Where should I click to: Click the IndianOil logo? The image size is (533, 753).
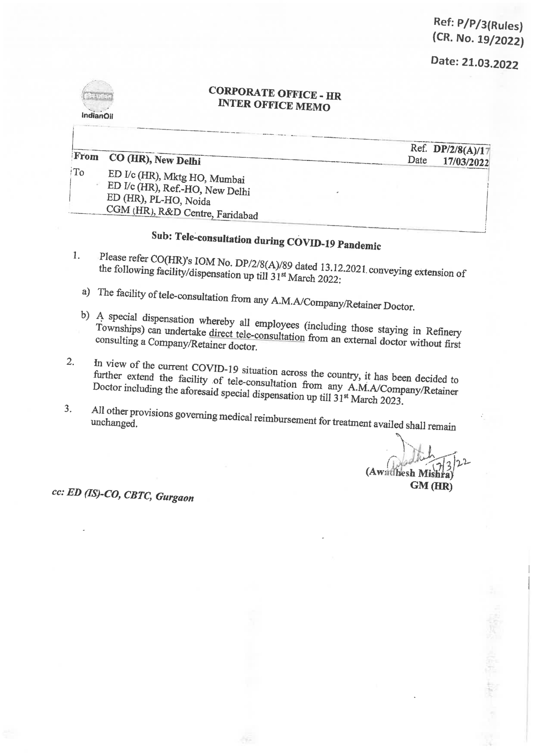point(97,100)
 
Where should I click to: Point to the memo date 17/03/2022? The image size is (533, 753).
point(466,162)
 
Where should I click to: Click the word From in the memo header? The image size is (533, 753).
point(86,157)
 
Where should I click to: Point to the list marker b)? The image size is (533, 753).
point(85,316)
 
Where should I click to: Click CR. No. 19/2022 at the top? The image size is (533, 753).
point(478,40)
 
